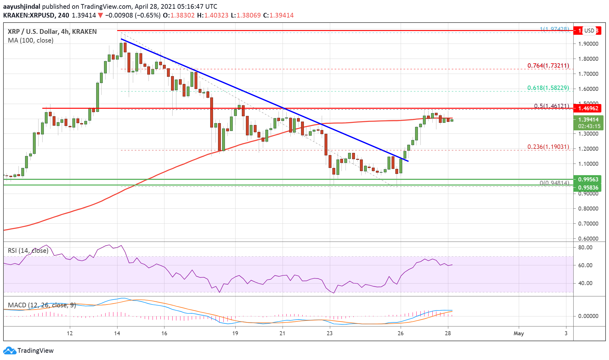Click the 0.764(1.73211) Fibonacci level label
(548, 66)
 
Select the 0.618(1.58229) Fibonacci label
(548, 88)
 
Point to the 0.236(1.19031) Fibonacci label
(548, 147)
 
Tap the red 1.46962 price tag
(588, 108)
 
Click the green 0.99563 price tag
(588, 180)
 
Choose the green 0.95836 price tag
(588, 188)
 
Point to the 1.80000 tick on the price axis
(588, 59)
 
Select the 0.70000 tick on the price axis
(588, 224)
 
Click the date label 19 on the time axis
(235, 333)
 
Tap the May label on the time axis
(518, 333)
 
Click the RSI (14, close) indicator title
(28, 251)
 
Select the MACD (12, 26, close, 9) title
(42, 305)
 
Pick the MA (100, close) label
(31, 40)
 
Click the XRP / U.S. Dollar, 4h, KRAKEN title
(52, 32)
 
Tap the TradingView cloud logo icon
(9, 351)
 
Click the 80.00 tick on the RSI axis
(585, 248)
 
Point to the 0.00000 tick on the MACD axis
(588, 316)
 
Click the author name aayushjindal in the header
(21, 7)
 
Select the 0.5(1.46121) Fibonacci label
(551, 106)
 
